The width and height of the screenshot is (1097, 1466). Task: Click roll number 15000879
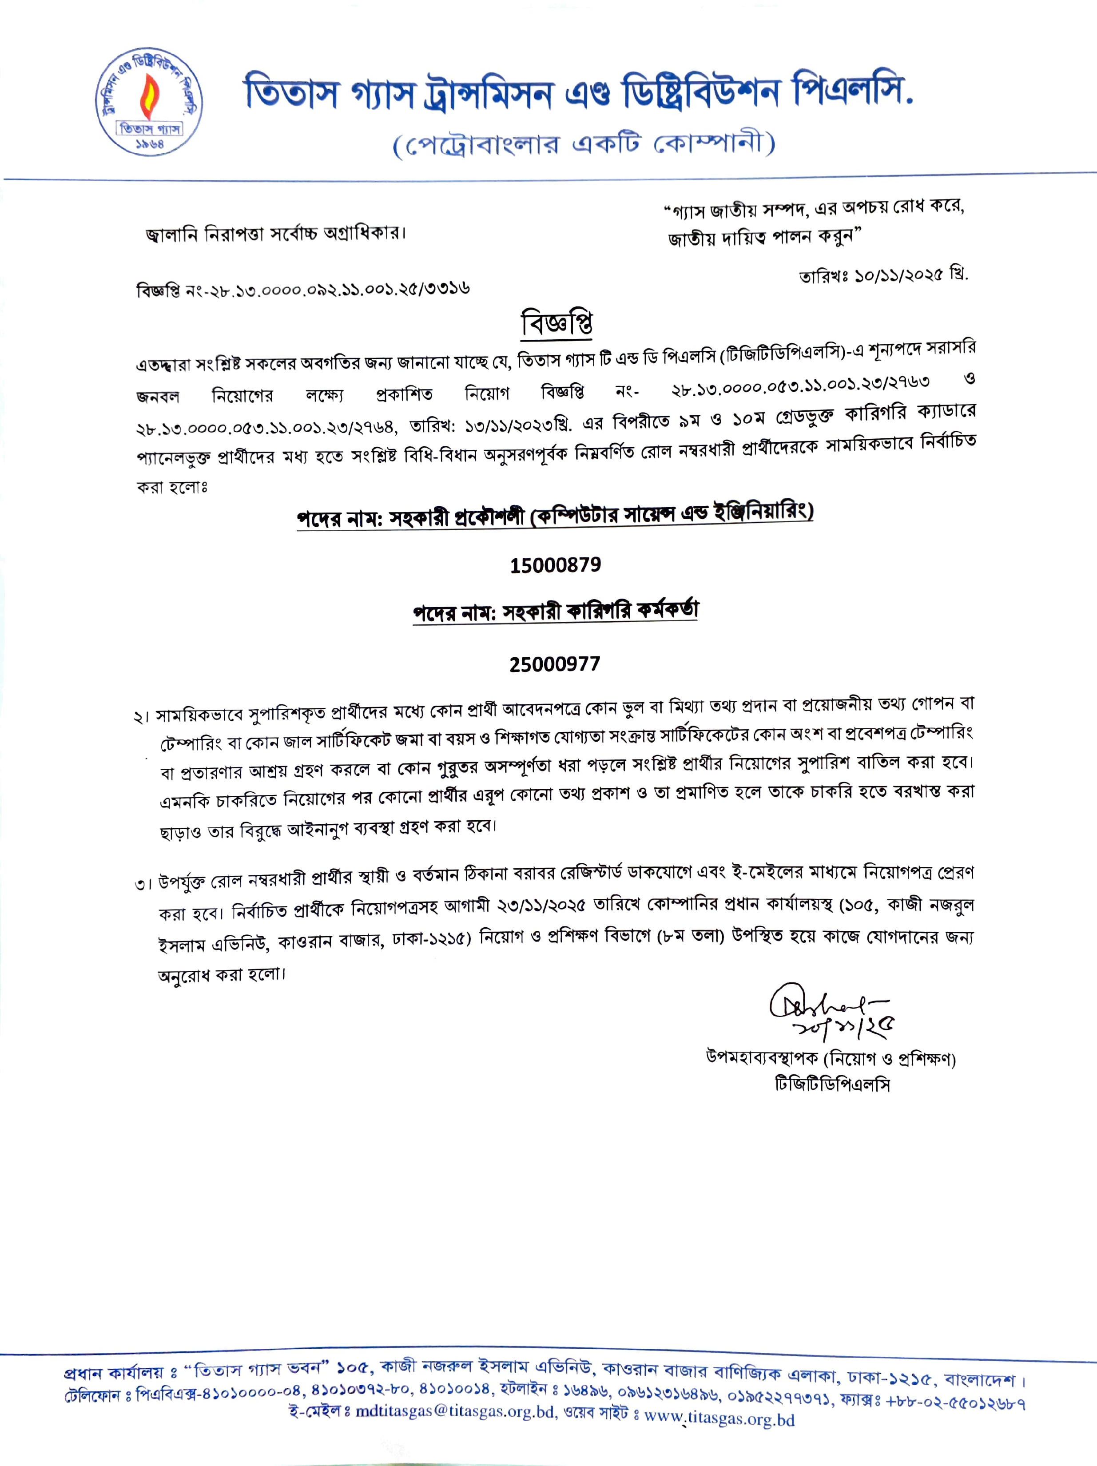point(556,565)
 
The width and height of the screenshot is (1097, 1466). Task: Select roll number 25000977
point(555,664)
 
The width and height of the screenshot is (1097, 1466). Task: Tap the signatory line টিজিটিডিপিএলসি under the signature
point(832,1085)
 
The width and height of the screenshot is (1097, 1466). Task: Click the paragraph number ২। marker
point(142,718)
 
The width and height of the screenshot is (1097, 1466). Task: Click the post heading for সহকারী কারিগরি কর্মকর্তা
point(556,610)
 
